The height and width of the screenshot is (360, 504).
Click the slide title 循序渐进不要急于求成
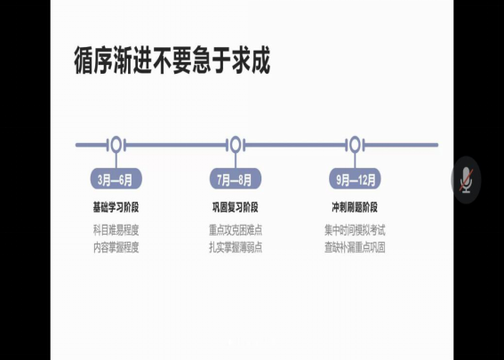point(172,60)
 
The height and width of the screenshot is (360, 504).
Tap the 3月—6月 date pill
point(116,179)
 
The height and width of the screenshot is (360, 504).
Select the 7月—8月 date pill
point(236,179)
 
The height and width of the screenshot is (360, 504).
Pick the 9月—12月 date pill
point(355,179)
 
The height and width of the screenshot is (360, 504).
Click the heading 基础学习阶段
point(116,207)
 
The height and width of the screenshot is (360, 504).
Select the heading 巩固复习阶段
point(236,207)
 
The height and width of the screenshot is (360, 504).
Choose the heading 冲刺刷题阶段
point(355,207)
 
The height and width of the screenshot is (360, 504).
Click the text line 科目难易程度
point(116,230)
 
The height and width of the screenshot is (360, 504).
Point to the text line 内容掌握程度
point(116,247)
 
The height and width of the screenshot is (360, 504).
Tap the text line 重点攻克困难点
point(236,230)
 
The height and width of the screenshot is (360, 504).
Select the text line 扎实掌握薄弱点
point(236,247)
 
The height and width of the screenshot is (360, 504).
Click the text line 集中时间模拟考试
point(355,230)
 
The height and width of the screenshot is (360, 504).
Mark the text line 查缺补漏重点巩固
point(355,247)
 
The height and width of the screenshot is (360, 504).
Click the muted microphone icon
point(466,180)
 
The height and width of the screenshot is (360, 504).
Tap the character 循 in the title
point(84,60)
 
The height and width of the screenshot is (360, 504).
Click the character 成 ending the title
point(260,60)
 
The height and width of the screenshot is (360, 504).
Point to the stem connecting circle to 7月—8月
point(236,160)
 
